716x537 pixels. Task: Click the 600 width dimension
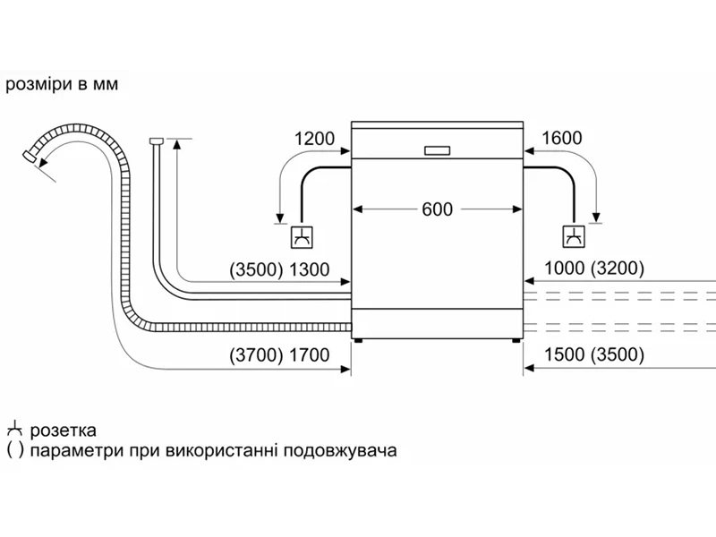438,209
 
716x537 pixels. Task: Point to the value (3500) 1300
279,268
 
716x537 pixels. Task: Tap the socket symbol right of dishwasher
572,238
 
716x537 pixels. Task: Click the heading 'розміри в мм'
62,85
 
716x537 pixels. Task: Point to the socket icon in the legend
14,430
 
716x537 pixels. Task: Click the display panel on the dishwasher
438,149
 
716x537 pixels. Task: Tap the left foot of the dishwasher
359,340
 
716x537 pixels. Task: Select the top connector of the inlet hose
156,141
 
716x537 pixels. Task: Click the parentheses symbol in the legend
14,450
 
